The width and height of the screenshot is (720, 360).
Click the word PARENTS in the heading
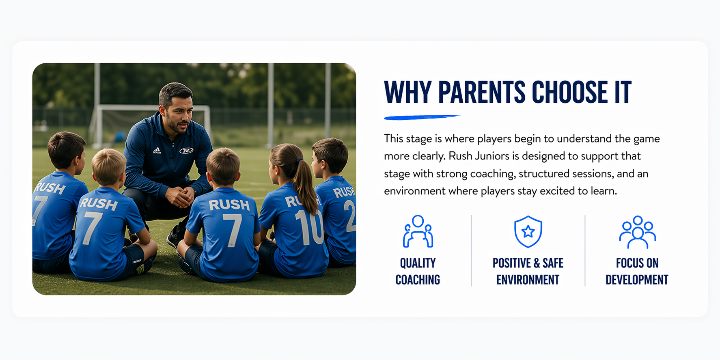point(482,92)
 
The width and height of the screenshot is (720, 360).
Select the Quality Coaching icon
point(418,232)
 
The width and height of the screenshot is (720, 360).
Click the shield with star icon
point(528,232)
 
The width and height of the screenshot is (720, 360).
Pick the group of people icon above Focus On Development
point(637,232)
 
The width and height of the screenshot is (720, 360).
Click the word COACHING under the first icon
point(418,280)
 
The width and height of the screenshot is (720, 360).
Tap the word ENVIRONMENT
point(528,280)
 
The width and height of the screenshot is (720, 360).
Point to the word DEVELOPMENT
point(637,280)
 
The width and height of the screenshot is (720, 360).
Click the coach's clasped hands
point(181,196)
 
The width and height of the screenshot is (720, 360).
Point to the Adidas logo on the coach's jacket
point(157,151)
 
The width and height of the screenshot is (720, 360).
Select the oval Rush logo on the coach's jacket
point(186,151)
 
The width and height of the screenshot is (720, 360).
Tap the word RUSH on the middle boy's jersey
point(229,205)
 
